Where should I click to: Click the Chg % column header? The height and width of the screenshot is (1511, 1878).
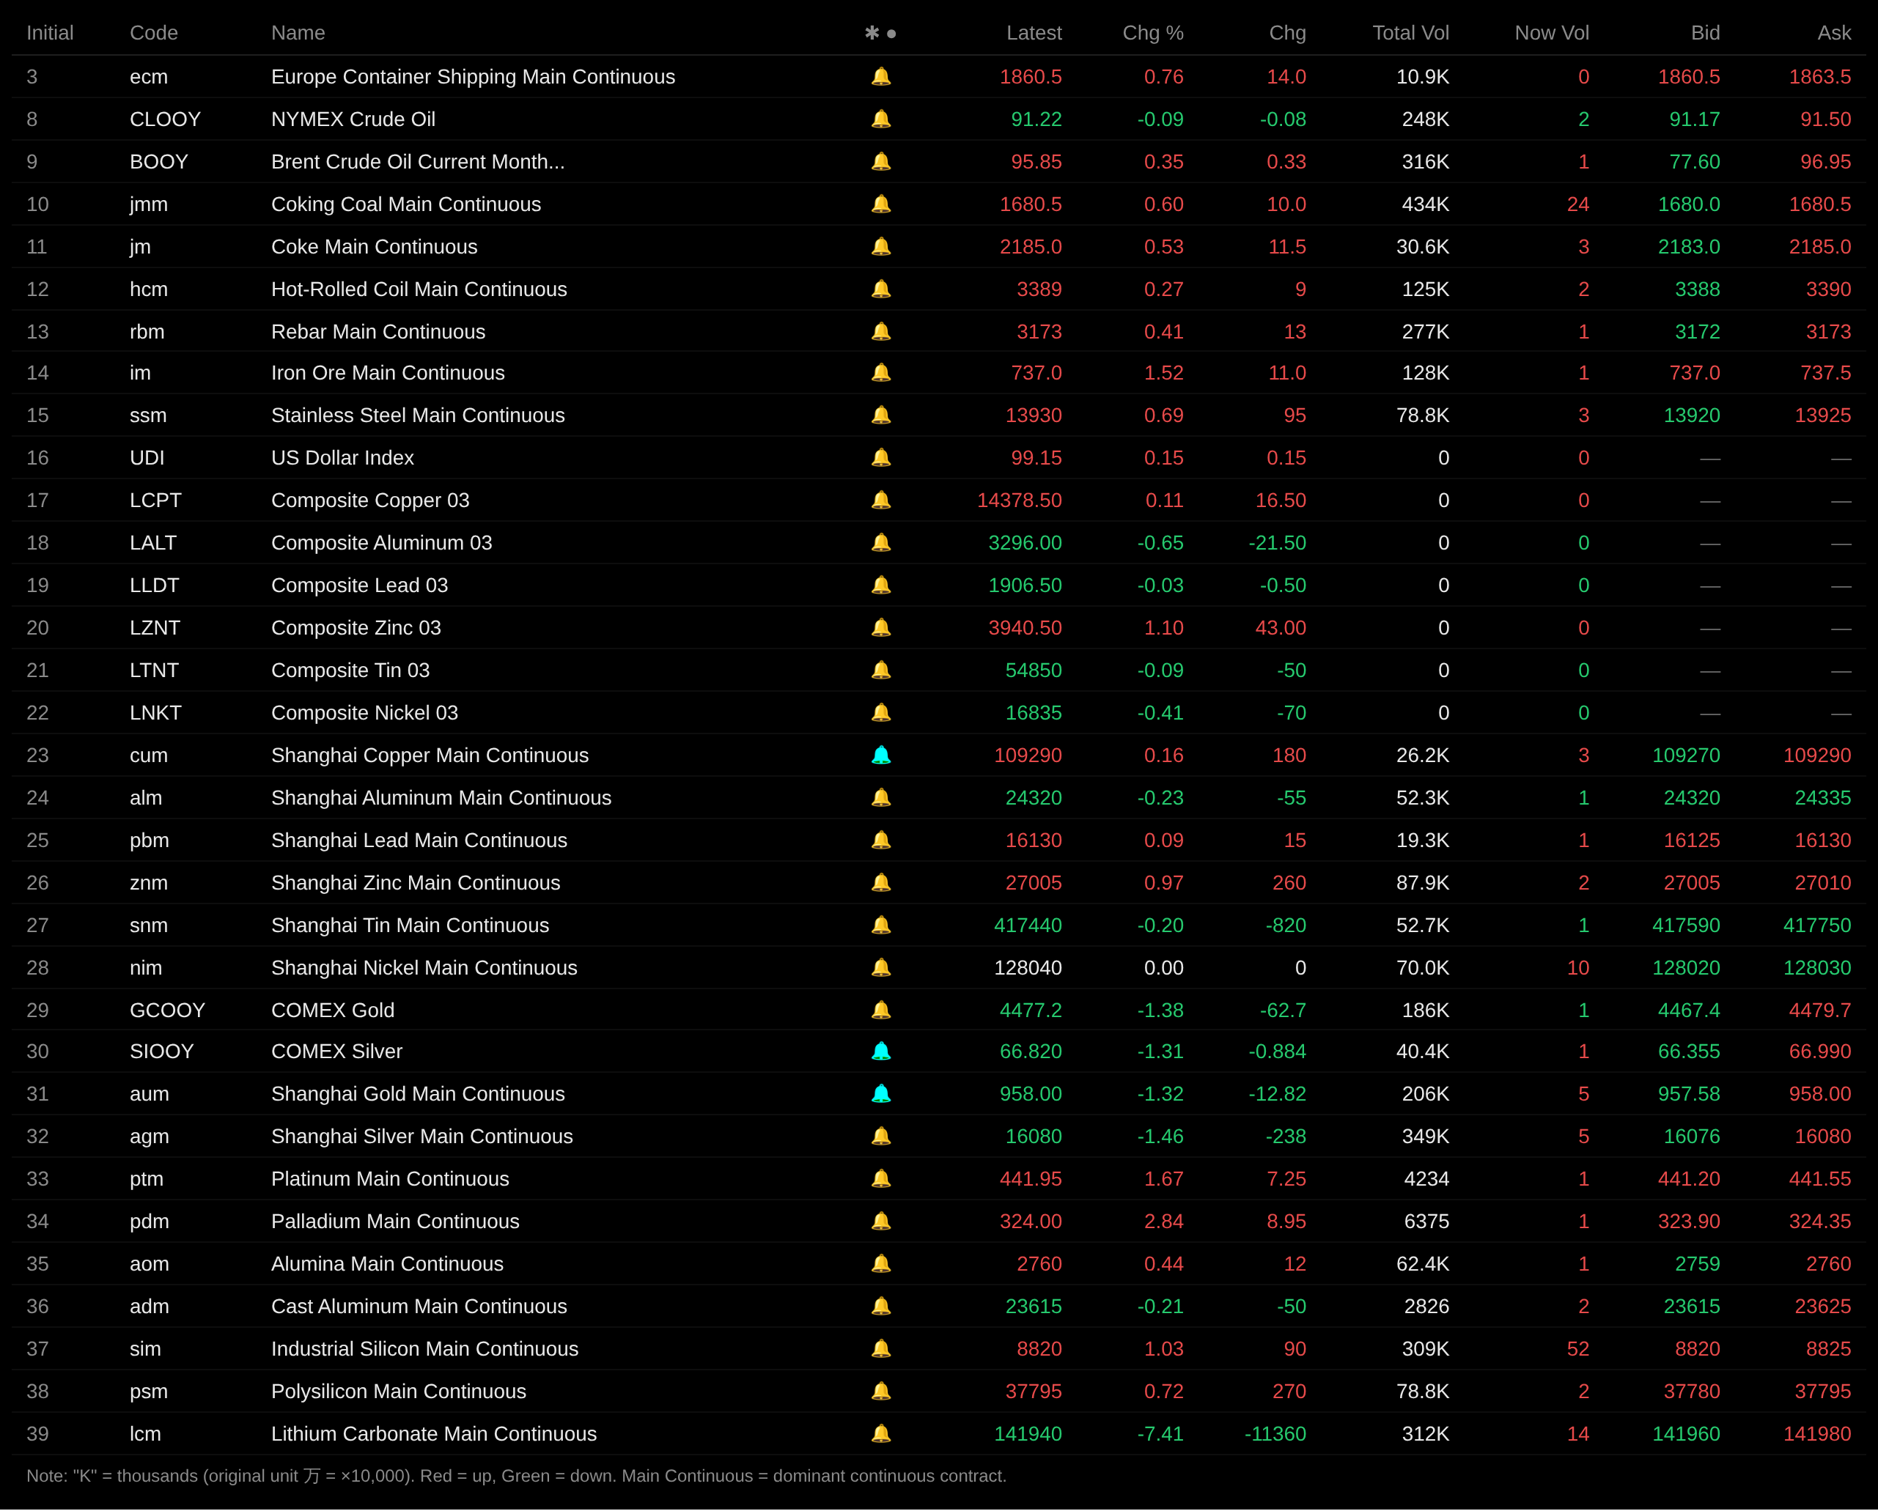(x=1152, y=33)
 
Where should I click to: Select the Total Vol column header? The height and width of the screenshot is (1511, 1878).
(x=1410, y=33)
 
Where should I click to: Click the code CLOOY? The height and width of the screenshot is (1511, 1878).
(x=165, y=119)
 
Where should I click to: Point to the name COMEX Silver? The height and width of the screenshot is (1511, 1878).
(x=336, y=1051)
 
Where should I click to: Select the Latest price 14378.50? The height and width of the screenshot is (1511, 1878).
(x=1019, y=500)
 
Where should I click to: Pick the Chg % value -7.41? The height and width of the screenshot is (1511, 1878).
(x=1160, y=1433)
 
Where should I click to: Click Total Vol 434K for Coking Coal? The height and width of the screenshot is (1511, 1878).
(x=1425, y=204)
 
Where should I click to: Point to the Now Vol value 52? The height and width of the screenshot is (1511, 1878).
(x=1577, y=1349)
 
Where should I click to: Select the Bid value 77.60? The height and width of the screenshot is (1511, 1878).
(x=1694, y=162)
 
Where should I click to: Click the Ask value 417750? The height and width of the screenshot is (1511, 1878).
(x=1816, y=925)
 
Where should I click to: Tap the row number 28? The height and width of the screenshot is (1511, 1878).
(x=37, y=967)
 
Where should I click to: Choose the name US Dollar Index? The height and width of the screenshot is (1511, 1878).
(x=342, y=458)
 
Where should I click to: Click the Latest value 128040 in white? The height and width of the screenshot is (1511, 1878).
(x=1028, y=967)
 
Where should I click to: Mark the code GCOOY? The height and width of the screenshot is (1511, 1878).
(x=167, y=1011)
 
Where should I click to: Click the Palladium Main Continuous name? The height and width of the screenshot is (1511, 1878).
(x=394, y=1221)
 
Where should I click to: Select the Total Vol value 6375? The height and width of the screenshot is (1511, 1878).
(x=1426, y=1221)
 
